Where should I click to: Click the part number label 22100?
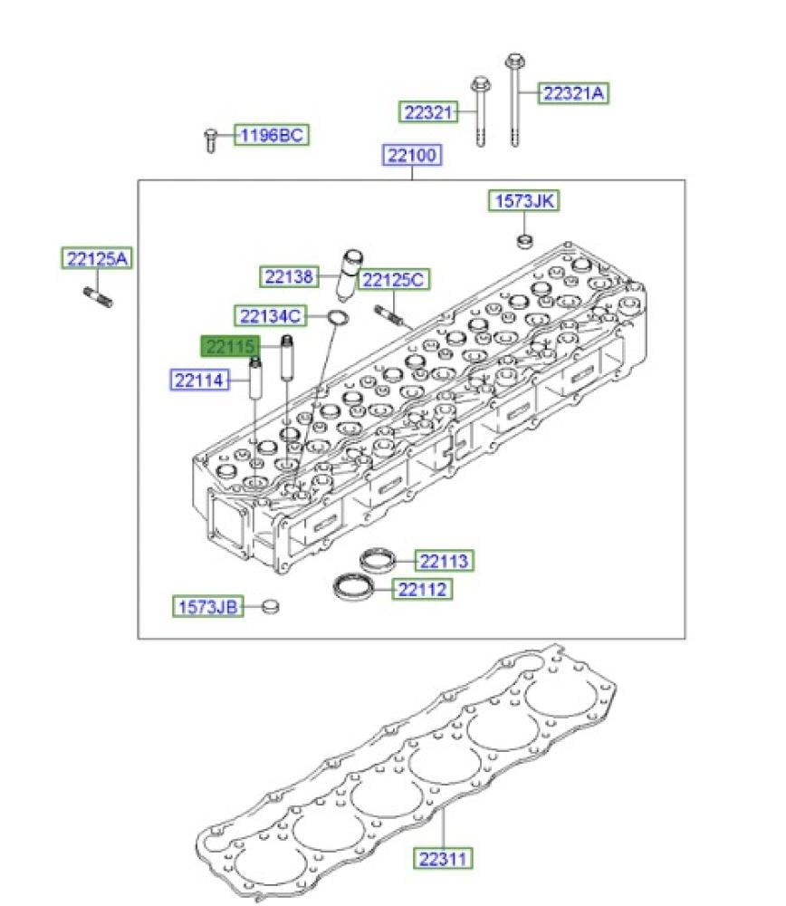pos(412,155)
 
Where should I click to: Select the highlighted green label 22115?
pos(230,347)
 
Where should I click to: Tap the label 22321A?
pos(573,93)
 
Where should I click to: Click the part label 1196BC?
pos(272,135)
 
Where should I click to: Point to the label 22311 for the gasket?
pos(443,858)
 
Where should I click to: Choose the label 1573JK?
pos(523,200)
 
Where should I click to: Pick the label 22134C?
pos(270,316)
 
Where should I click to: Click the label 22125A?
pos(97,258)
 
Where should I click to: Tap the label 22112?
pos(422,590)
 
